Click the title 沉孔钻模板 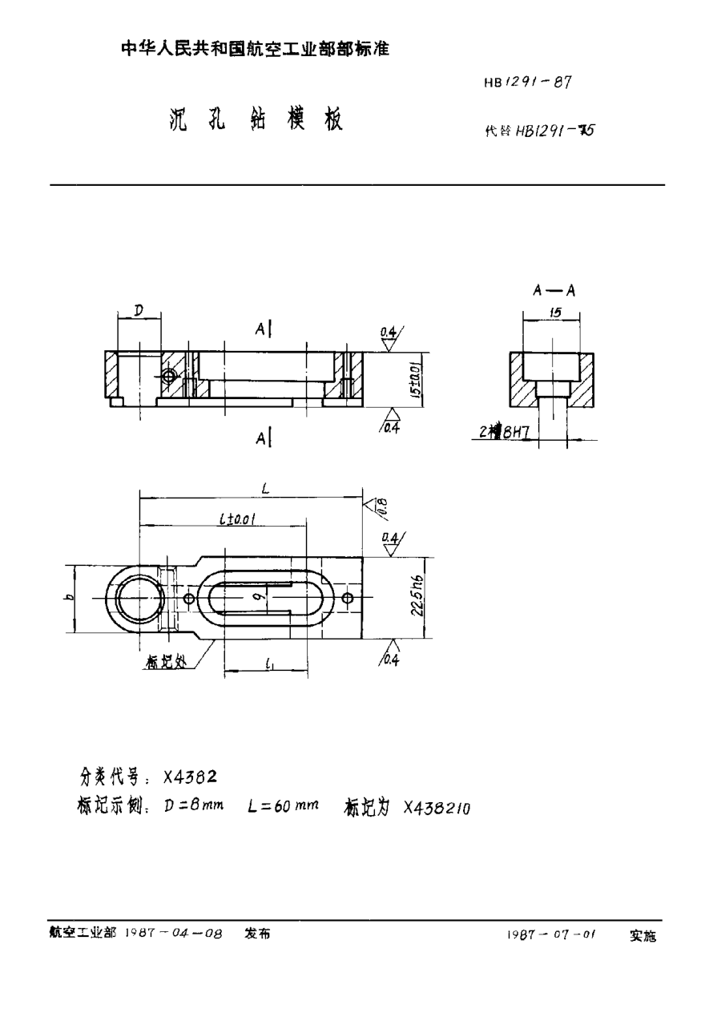coord(256,120)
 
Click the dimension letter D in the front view coord(139,309)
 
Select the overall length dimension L coord(253,486)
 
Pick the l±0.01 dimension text coord(237,519)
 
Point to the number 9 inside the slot coord(252,596)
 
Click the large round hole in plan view coord(139,599)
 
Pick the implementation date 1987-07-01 coord(552,934)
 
